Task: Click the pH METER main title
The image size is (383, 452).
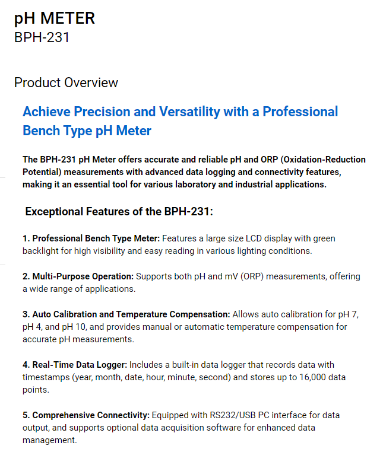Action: coord(54,18)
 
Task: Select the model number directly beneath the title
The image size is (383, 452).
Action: coord(42,37)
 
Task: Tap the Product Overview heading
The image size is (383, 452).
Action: coord(66,82)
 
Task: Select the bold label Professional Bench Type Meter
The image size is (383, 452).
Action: coord(96,238)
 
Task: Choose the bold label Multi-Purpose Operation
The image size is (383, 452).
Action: coord(83,276)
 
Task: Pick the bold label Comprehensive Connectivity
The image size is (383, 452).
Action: coord(91,415)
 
